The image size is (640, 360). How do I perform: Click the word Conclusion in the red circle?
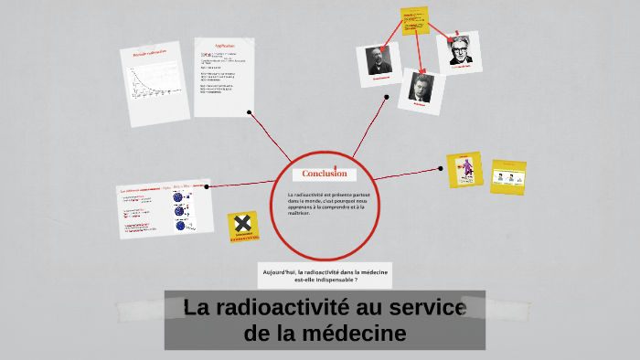[325, 174]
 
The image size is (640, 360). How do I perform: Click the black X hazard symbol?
[242, 225]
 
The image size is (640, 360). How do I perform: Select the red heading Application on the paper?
[224, 46]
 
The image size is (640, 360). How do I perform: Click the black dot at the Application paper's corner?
[250, 112]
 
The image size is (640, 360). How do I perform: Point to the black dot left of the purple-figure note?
[440, 168]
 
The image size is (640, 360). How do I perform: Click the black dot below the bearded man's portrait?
[387, 96]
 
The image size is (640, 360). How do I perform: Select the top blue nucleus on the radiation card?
[179, 196]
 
